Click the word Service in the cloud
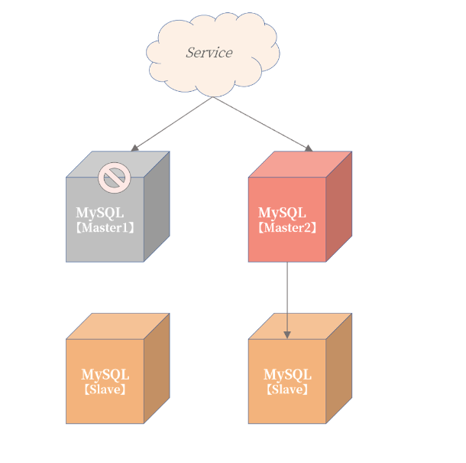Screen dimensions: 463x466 point(209,53)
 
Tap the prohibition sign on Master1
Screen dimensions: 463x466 point(115,178)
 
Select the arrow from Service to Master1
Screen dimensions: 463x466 point(172,123)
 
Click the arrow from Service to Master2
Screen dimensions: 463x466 point(260,122)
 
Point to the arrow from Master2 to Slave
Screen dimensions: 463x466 point(287,298)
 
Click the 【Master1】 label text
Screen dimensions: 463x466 point(105,228)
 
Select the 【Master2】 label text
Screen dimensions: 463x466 point(287,228)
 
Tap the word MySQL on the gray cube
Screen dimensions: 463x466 point(99,213)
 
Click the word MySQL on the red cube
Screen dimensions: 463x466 point(282,213)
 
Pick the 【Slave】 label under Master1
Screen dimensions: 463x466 point(105,390)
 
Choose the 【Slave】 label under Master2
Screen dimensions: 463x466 point(287,390)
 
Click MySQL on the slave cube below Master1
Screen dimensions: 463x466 point(105,375)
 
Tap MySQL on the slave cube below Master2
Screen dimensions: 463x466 point(287,375)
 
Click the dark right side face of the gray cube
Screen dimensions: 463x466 point(157,207)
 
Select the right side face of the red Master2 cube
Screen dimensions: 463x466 point(339,207)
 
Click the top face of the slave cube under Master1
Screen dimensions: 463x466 point(118,326)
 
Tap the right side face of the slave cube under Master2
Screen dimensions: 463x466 point(339,368)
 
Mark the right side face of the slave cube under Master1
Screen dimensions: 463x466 point(157,368)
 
